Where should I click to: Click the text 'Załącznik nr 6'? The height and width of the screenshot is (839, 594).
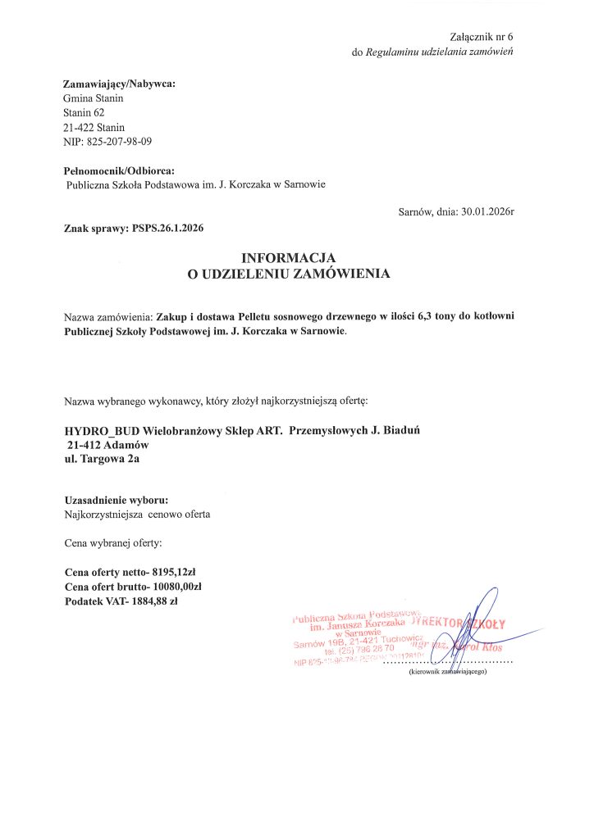point(487,38)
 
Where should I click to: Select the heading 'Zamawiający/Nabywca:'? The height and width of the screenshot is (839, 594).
point(119,84)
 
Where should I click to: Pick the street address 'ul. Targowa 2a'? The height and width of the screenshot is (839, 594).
point(102,459)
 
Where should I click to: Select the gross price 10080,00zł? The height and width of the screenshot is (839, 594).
point(171,587)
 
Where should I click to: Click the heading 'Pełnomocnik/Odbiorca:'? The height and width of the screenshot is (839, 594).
point(119,170)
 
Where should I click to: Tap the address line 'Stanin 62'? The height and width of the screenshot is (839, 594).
point(84,112)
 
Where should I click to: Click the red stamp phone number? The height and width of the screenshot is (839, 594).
point(359,650)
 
